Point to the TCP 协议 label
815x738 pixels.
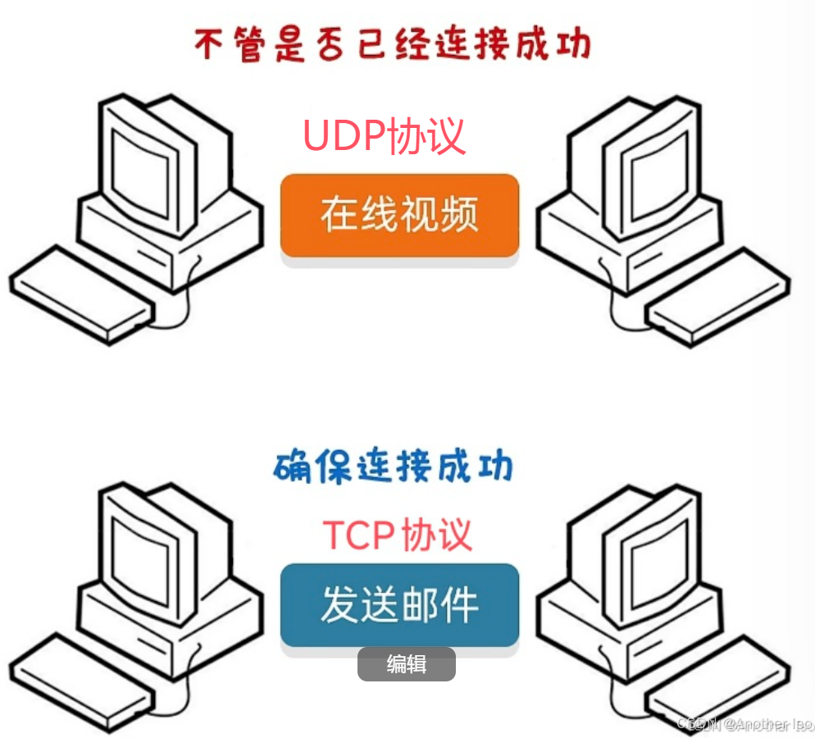coord(398,535)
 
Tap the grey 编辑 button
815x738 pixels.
coord(406,664)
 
